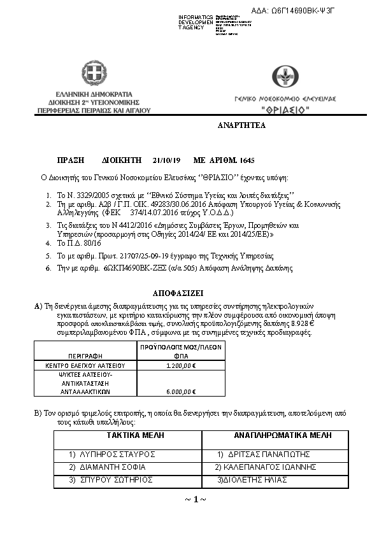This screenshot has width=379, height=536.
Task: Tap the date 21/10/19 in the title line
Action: [x=167, y=160]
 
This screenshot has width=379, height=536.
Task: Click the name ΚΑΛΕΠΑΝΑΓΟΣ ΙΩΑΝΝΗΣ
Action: [x=266, y=467]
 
